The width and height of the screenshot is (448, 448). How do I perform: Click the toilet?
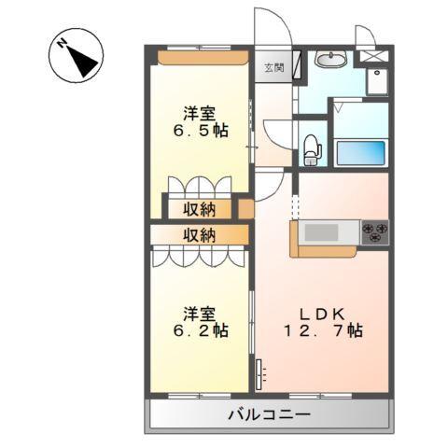(x=311, y=147)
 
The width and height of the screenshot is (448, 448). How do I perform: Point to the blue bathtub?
(x=358, y=153)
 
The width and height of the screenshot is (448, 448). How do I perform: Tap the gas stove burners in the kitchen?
(x=376, y=231)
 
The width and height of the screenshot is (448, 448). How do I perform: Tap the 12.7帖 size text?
(x=323, y=330)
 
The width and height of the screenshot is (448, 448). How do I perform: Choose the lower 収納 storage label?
(x=198, y=235)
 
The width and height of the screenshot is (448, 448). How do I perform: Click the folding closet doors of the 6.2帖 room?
(x=198, y=257)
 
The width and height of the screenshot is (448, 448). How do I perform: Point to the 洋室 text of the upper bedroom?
(x=199, y=112)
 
